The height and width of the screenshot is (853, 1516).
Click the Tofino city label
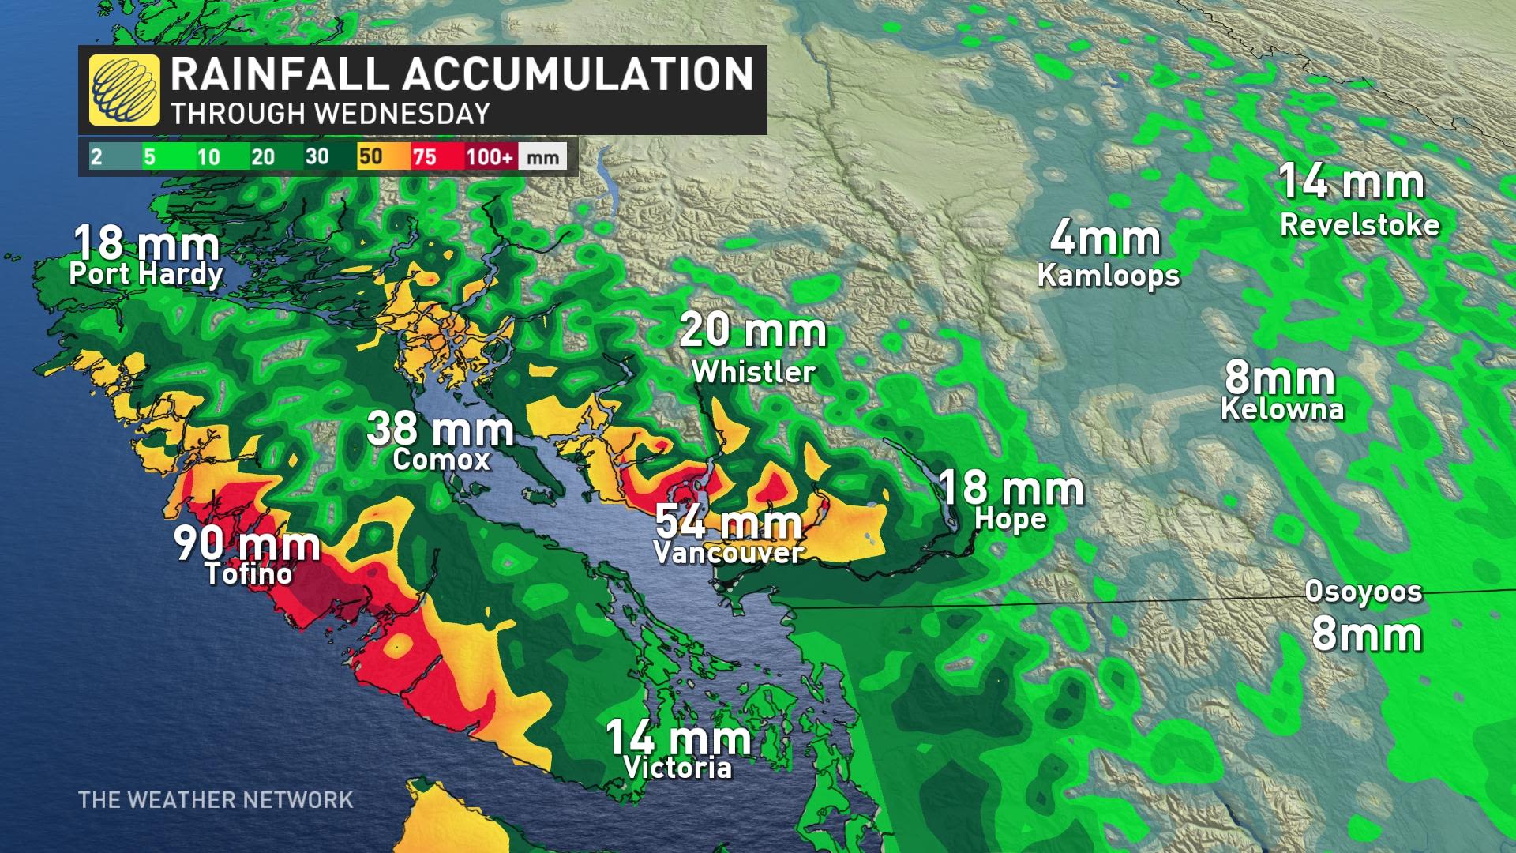[x=249, y=574]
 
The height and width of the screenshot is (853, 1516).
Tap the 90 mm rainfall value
[x=246, y=543]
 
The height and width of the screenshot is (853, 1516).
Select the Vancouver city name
[x=729, y=553]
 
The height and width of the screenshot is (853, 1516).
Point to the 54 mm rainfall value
[x=728, y=522]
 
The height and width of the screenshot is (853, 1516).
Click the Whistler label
[x=753, y=372]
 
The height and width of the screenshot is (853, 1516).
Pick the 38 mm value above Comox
[x=440, y=430]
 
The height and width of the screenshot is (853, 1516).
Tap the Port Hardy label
[x=146, y=274]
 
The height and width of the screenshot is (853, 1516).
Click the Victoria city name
[x=677, y=768]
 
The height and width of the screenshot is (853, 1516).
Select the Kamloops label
[x=1109, y=276]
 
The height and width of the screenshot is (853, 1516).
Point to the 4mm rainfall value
[x=1105, y=239]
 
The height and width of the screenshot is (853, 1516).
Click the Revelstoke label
[x=1360, y=225]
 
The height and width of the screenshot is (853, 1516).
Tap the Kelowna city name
[x=1282, y=409]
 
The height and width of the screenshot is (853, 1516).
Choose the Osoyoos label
[x=1364, y=592]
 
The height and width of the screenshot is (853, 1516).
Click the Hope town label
[x=1011, y=519]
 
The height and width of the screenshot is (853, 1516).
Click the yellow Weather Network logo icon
[x=124, y=90]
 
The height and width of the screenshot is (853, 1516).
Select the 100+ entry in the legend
[x=489, y=156]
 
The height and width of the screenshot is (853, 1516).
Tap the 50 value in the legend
[x=370, y=156]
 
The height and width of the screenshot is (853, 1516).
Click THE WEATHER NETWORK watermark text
[x=216, y=800]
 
